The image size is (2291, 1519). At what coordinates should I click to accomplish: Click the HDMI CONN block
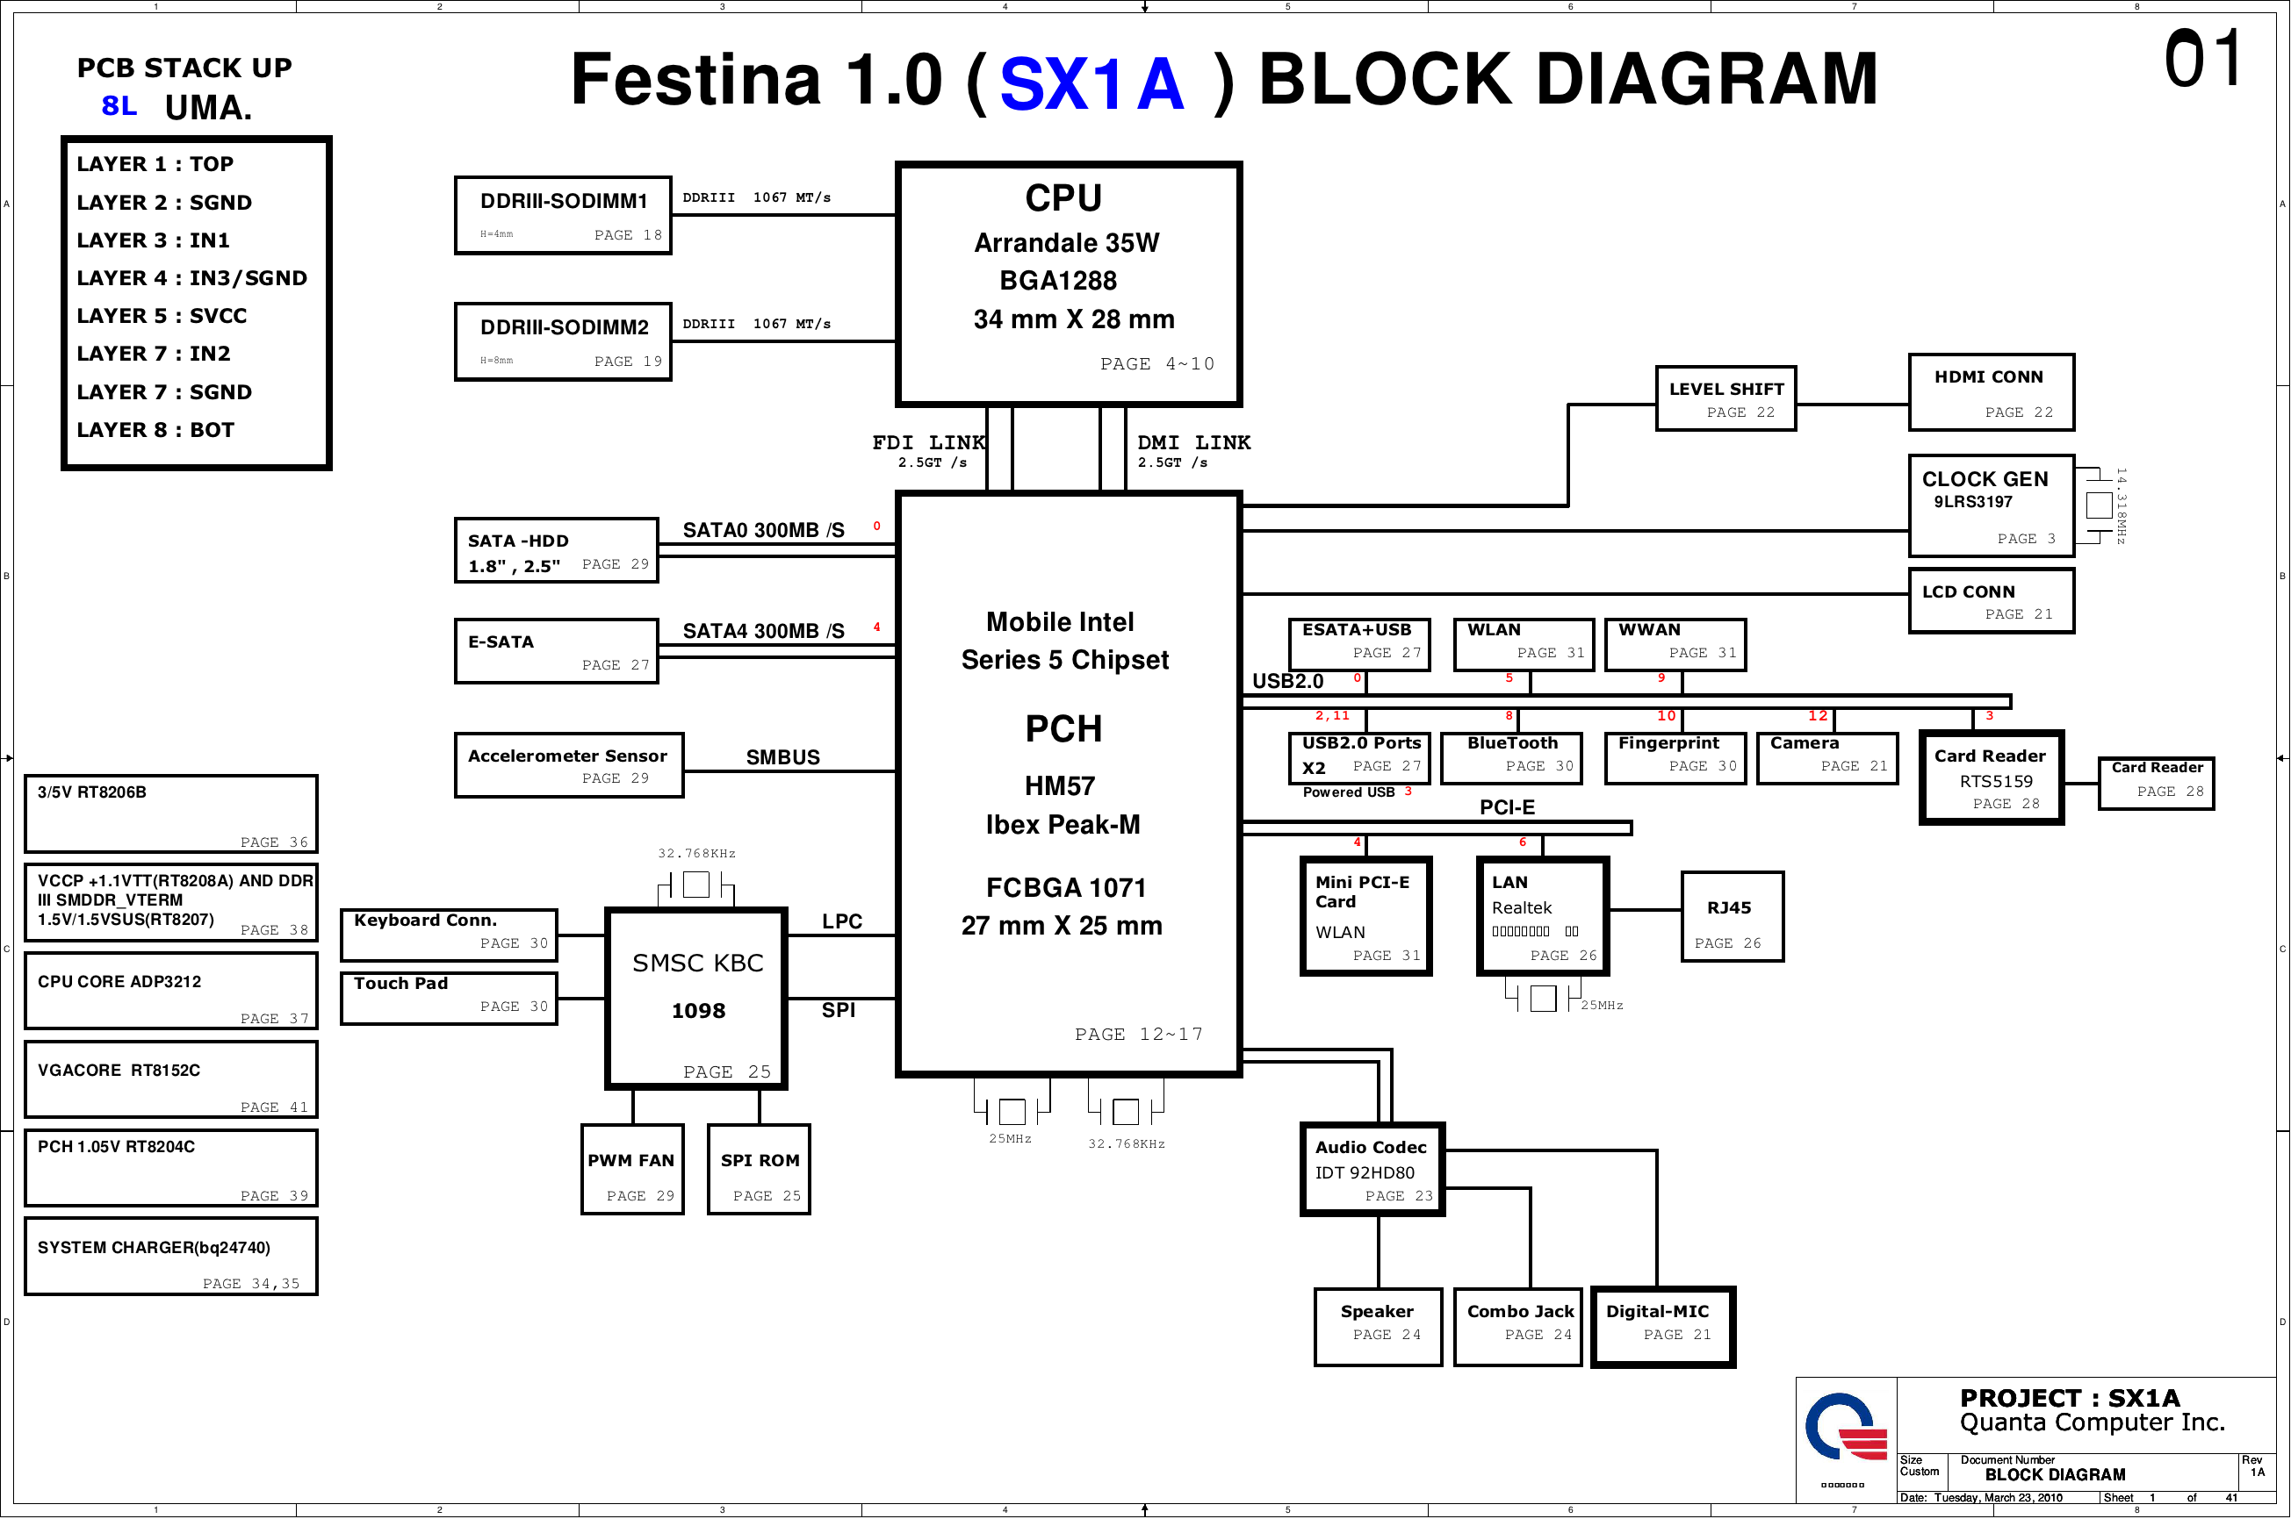click(1991, 392)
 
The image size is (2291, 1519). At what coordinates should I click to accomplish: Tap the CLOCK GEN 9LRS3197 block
click(1991, 505)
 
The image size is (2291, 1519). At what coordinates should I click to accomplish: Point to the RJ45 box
click(1731, 916)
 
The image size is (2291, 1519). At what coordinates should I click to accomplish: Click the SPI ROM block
click(759, 1169)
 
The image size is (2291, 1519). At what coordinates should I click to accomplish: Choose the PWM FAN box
click(632, 1169)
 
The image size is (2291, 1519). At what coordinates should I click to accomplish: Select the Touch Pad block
click(449, 998)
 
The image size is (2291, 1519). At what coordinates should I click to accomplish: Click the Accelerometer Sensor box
click(569, 765)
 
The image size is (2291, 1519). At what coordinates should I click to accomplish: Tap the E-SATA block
click(556, 651)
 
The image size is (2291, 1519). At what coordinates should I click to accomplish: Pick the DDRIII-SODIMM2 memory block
click(563, 342)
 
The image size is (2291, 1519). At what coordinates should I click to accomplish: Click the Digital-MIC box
click(1663, 1326)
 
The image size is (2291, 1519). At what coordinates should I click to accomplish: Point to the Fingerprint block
click(1675, 757)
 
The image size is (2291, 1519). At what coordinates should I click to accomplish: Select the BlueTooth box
click(1511, 757)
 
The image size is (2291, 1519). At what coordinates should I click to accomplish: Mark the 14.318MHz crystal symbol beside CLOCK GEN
click(2098, 505)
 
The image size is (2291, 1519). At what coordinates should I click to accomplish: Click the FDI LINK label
click(927, 443)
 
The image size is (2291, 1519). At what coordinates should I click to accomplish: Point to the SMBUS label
click(782, 756)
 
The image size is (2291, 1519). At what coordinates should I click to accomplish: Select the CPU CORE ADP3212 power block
click(170, 990)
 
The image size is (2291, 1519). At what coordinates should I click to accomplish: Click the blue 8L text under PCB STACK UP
click(119, 105)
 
